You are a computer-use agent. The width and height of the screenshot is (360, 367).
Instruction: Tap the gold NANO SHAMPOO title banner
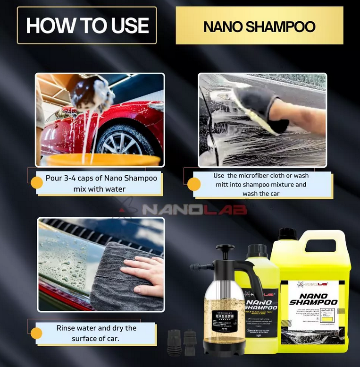coord(259,26)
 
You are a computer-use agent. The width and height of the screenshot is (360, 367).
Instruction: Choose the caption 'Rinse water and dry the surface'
coord(96,333)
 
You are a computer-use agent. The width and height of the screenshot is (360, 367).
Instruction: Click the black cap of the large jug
coord(287,234)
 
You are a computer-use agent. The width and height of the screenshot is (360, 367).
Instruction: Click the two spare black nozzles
coord(182,342)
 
